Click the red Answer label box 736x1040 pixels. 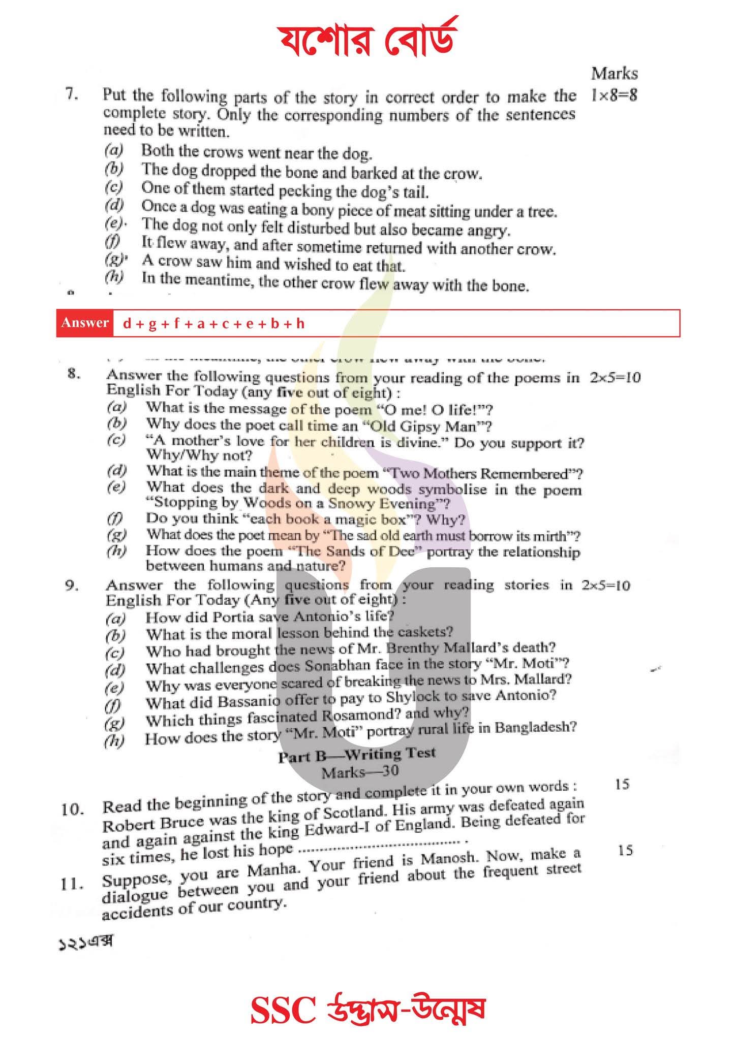click(x=85, y=323)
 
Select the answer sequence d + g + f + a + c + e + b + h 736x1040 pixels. click(x=213, y=323)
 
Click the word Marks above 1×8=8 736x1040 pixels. click(x=614, y=74)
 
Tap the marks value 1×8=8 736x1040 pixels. click(x=614, y=95)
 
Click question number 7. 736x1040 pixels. click(x=72, y=94)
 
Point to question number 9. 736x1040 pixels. click(x=72, y=586)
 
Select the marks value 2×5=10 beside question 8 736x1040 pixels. click(x=615, y=377)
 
